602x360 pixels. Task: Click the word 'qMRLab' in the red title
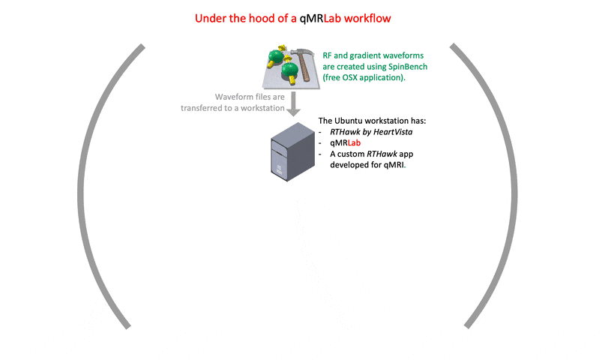pyautogui.click(x=322, y=17)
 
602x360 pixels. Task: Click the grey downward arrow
pyautogui.click(x=294, y=101)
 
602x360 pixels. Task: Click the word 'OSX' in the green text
pyautogui.click(x=355, y=78)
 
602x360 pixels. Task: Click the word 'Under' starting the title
pyautogui.click(x=209, y=17)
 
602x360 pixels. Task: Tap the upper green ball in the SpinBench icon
pyautogui.click(x=278, y=56)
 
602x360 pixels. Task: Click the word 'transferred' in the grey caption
pyautogui.click(x=205, y=108)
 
